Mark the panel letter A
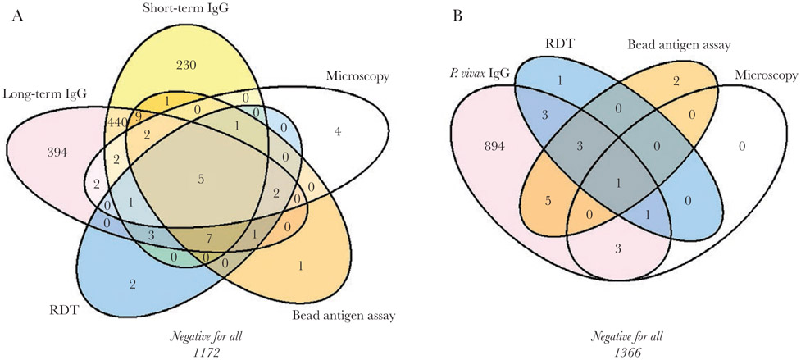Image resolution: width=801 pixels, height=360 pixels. pyautogui.click(x=16, y=19)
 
